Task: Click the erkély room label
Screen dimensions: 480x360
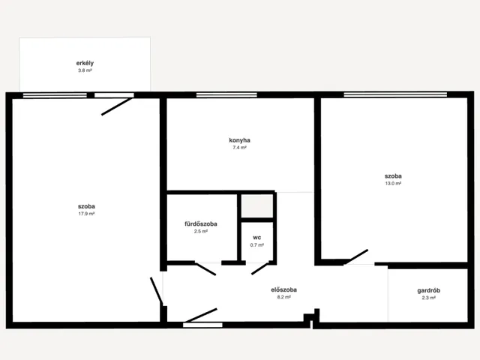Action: [x=85, y=63]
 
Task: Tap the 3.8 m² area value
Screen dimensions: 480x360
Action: [x=85, y=70]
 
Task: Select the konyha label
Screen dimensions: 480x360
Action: [x=239, y=140]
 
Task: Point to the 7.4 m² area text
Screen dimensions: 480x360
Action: [x=239, y=148]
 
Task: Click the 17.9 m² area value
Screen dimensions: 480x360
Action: [x=86, y=214]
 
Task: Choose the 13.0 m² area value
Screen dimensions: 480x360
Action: [x=393, y=184]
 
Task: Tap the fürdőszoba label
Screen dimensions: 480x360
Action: [x=201, y=224]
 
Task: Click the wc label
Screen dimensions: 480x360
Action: [x=256, y=238]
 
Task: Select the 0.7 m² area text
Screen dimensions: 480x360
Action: [x=256, y=245]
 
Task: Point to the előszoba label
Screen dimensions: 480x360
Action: [x=283, y=290]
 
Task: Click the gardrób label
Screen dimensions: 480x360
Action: [x=428, y=291]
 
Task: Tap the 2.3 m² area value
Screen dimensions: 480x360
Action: [x=428, y=298]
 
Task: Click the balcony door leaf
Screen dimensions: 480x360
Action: [x=118, y=106]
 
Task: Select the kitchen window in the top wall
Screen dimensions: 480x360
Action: [x=226, y=95]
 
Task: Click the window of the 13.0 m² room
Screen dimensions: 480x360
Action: [x=395, y=94]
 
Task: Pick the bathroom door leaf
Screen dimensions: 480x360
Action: [x=205, y=268]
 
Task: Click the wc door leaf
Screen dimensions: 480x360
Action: [x=260, y=268]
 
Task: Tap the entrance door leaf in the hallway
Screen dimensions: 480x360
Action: [x=201, y=315]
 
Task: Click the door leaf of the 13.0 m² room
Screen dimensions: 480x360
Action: [x=356, y=256]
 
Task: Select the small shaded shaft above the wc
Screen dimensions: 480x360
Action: [x=257, y=206]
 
